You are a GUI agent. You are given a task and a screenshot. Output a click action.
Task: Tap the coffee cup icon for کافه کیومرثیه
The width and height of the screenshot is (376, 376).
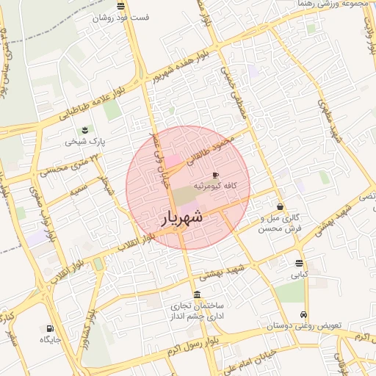coord(214,176)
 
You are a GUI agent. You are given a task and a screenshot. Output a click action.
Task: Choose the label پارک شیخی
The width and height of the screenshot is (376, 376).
coord(83,139)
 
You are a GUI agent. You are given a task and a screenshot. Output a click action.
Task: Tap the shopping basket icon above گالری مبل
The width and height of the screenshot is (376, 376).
coord(279,206)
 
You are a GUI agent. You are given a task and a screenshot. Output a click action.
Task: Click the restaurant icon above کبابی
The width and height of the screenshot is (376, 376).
coord(298,263)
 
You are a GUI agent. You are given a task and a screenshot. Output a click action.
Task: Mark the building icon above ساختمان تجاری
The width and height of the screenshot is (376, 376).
coord(196,294)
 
